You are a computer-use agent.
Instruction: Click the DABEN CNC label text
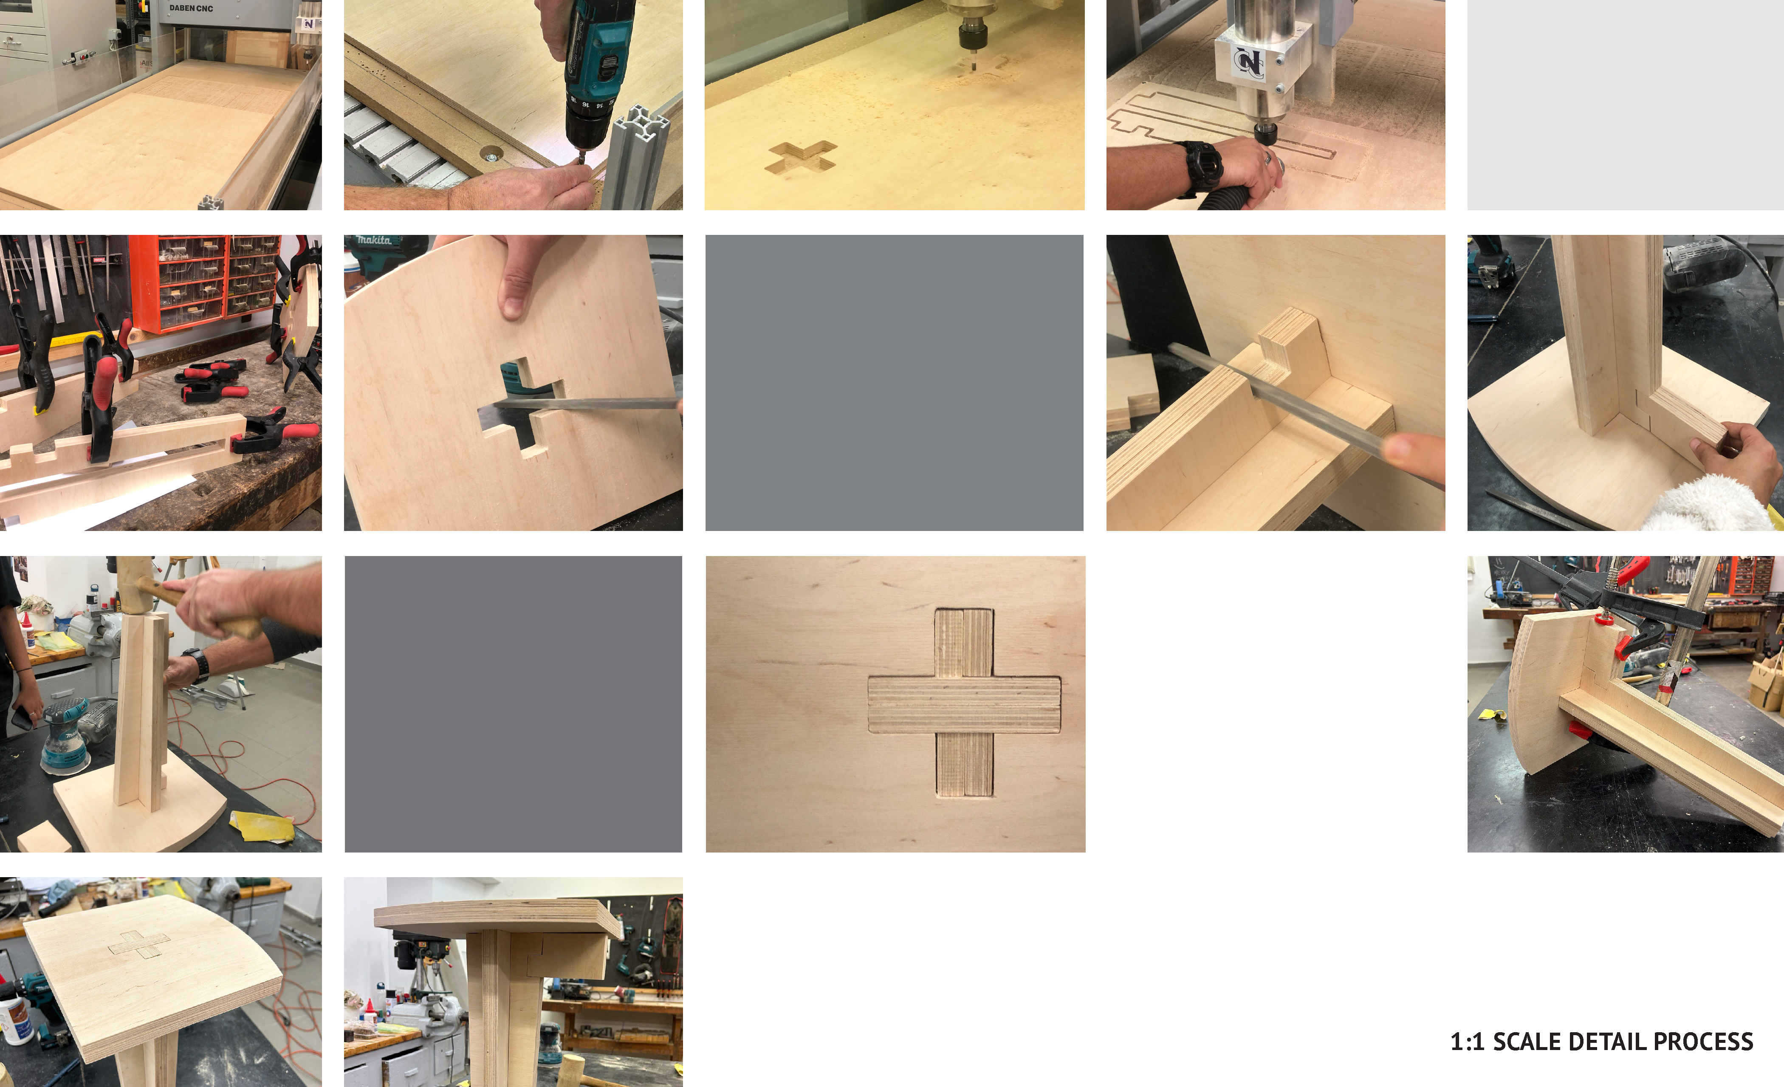click(x=191, y=8)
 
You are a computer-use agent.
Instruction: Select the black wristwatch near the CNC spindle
click(x=1203, y=166)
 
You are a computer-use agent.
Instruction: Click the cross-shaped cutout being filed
click(x=521, y=406)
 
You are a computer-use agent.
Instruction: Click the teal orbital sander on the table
click(x=65, y=731)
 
